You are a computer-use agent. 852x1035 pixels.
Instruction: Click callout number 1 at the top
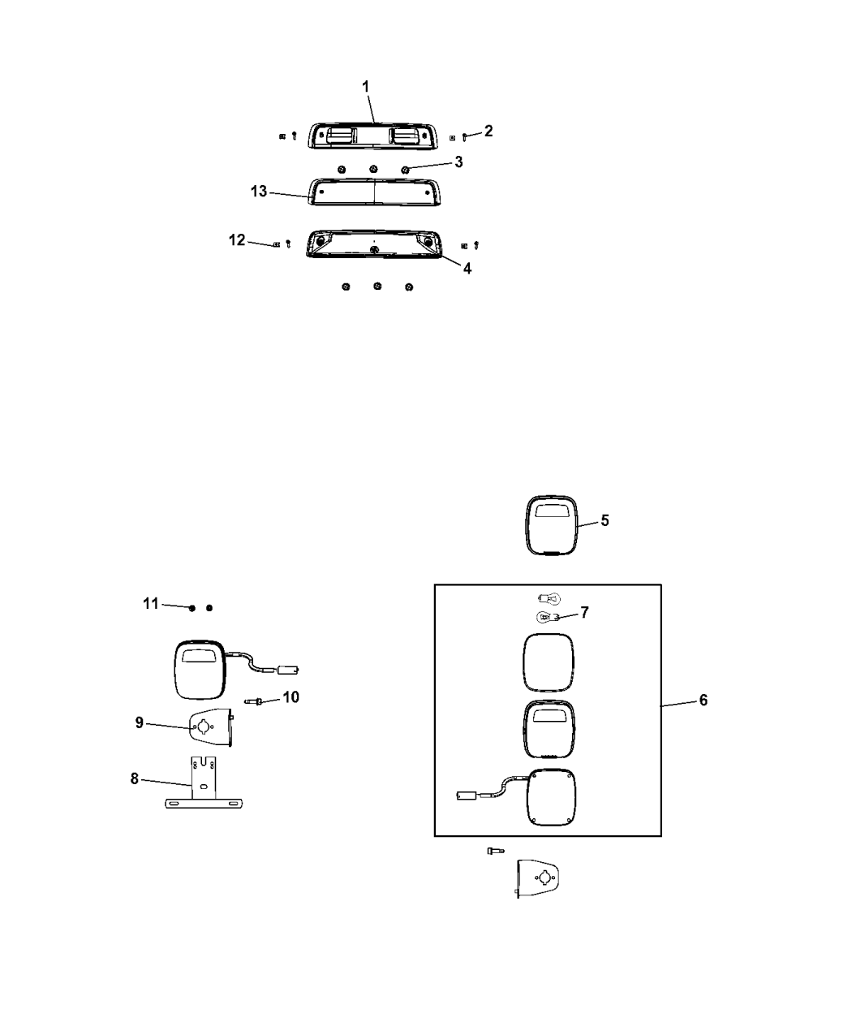click(365, 85)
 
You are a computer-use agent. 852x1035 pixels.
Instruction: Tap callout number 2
click(488, 131)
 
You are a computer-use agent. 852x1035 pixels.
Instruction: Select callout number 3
click(458, 162)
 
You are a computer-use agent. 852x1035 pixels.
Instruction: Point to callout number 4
click(467, 268)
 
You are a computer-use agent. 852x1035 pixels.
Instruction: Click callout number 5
click(605, 520)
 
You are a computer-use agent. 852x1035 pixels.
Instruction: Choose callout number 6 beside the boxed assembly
click(703, 700)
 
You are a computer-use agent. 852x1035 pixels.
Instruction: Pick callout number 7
click(584, 612)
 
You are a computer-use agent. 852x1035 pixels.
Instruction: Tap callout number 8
click(135, 778)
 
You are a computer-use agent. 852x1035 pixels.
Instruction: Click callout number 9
click(140, 722)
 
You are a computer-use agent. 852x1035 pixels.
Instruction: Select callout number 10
click(290, 697)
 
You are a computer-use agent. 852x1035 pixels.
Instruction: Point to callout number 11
click(151, 603)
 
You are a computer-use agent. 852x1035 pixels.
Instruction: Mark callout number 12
click(237, 240)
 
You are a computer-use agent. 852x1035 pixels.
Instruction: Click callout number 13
click(259, 192)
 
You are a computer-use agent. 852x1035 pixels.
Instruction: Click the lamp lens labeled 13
click(373, 192)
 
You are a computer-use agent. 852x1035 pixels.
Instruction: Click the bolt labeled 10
click(252, 701)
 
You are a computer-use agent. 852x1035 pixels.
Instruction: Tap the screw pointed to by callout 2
click(464, 137)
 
